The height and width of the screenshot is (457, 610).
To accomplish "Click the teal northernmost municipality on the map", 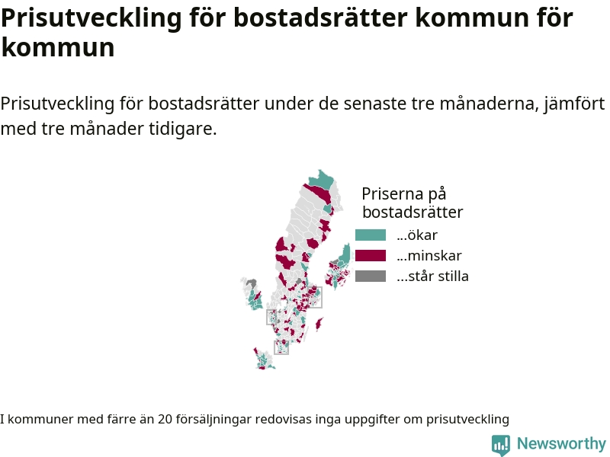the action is click(x=322, y=180).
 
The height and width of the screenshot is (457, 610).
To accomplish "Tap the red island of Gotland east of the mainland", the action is click(x=319, y=324).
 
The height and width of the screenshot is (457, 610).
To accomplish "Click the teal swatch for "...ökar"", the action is click(x=371, y=235).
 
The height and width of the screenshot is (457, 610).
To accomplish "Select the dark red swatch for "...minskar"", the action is click(x=371, y=256).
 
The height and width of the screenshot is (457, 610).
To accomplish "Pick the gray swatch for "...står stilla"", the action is click(x=371, y=276).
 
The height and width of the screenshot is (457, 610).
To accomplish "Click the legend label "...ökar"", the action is click(x=417, y=235).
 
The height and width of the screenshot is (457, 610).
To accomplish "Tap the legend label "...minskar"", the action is click(x=429, y=256).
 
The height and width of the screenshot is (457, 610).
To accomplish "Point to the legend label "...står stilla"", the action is click(x=432, y=276).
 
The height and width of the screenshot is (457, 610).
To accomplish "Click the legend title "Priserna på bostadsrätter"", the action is click(x=413, y=203).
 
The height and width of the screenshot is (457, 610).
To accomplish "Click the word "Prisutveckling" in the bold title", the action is click(x=91, y=18).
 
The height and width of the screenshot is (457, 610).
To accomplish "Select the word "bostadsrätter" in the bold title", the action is click(x=320, y=17).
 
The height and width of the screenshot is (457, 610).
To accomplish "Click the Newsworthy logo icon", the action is click(x=501, y=445).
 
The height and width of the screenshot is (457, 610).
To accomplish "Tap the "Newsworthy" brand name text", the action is click(x=561, y=443).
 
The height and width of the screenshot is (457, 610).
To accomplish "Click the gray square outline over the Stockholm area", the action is click(x=315, y=297).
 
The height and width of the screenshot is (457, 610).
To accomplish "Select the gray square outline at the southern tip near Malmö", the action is click(x=281, y=347).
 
